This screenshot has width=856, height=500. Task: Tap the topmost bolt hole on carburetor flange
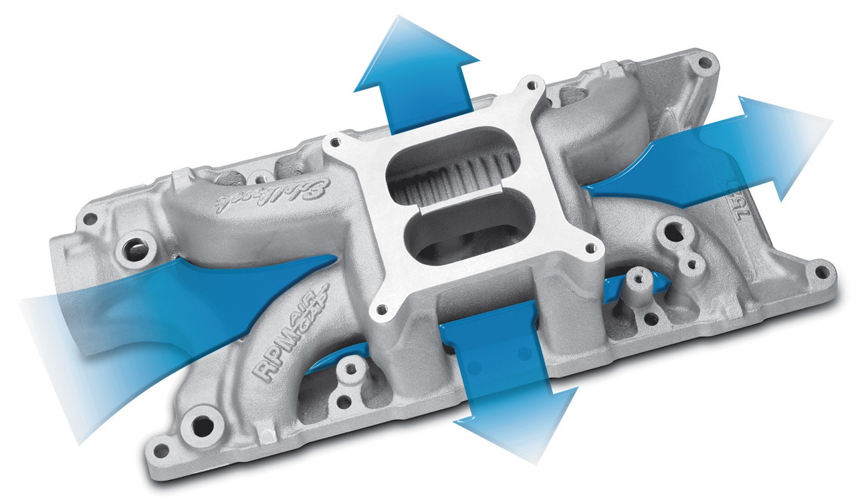point(532,85)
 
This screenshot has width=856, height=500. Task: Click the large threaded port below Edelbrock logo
point(134,250)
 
